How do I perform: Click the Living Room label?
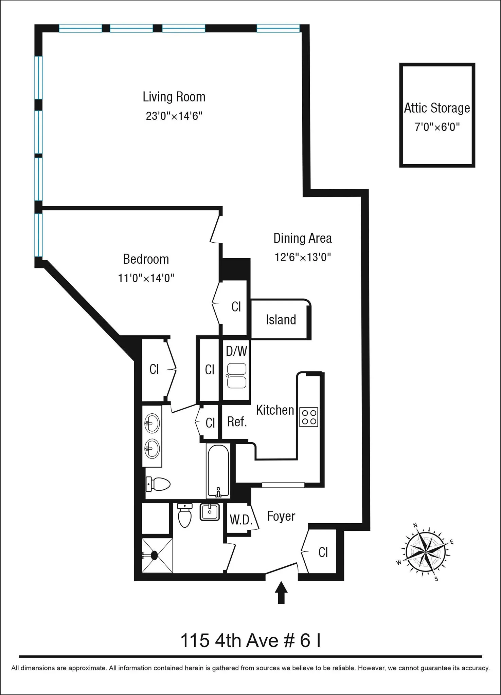pos(174,97)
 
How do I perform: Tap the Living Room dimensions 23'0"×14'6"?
pos(174,116)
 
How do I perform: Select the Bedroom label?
pos(146,259)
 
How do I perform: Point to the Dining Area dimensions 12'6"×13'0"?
pos(303,257)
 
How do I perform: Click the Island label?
pos(281,320)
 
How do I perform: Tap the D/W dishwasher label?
pos(236,351)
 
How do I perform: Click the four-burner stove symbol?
pos(309,417)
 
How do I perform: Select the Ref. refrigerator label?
pos(237,422)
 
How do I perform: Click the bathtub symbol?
pos(218,471)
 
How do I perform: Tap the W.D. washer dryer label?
pos(241,520)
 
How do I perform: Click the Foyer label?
pos(281,516)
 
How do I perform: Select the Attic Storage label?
pos(437,108)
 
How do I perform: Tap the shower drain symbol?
pos(154,556)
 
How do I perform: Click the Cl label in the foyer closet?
pos(323,552)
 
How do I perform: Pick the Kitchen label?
pos(275,410)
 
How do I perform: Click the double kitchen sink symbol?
pos(237,376)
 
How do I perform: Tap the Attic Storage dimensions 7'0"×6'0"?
pos(437,127)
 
